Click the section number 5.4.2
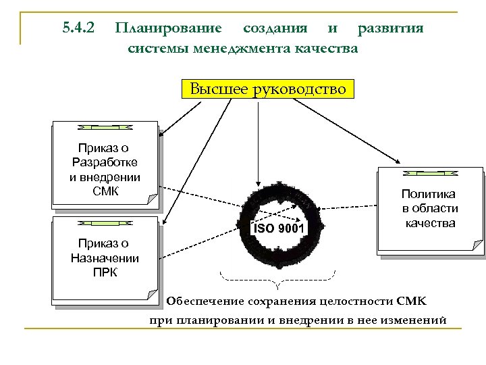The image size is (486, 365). tap(78, 28)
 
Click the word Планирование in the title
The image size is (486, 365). tap(168, 28)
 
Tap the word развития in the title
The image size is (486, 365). tap(391, 28)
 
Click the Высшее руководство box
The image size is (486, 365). tap(267, 89)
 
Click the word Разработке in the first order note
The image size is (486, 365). tap(105, 162)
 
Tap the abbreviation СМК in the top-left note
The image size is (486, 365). tap(105, 191)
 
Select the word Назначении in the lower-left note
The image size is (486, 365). tap(105, 258)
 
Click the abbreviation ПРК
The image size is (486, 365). tap(105, 272)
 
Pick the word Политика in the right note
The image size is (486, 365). tap(429, 194)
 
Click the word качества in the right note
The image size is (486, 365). tap(429, 223)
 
